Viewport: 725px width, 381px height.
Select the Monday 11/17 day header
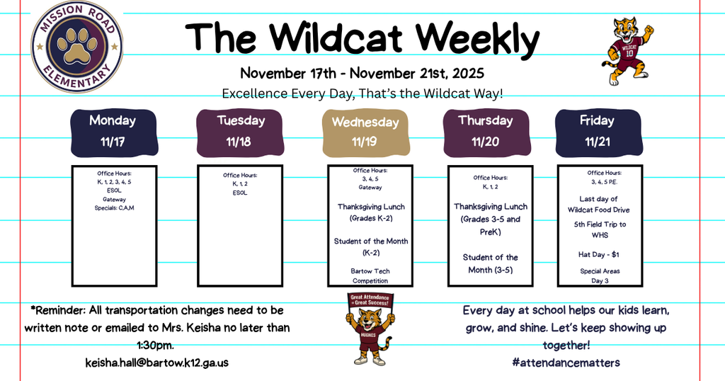coord(113,131)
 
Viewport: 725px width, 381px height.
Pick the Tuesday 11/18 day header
coord(241,131)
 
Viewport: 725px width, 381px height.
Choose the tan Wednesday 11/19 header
coord(365,132)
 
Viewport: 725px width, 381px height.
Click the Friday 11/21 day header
coord(597,131)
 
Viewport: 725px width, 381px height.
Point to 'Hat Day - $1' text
coord(600,254)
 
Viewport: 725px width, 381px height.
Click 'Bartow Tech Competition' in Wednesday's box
coord(370,275)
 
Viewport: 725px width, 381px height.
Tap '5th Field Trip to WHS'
coord(600,229)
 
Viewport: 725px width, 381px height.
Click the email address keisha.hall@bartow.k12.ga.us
coord(157,363)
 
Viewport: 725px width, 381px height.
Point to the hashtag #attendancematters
coord(566,363)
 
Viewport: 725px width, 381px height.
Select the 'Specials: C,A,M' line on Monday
coord(114,207)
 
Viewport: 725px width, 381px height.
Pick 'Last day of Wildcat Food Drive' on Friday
coord(600,204)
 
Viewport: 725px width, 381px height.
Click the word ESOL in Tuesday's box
coord(239,192)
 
